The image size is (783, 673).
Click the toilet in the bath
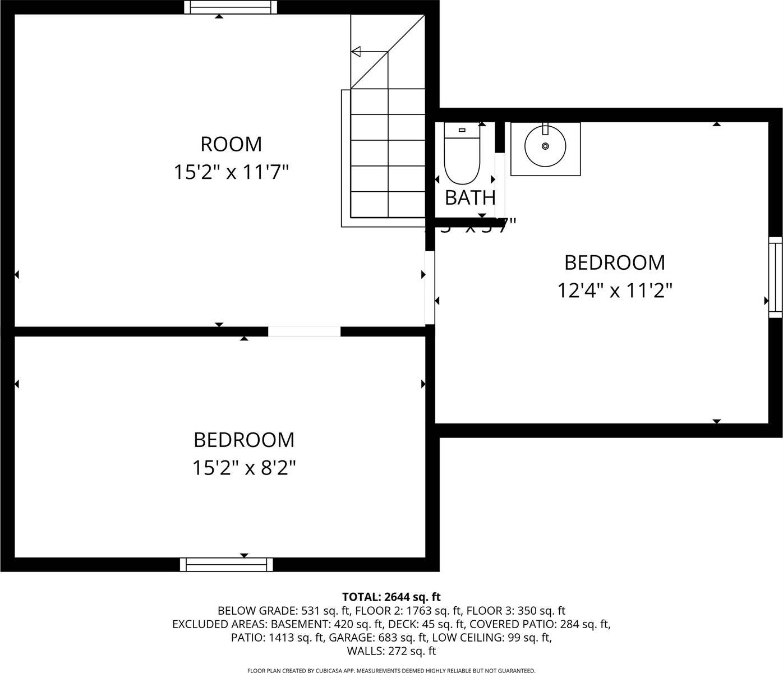pyautogui.click(x=462, y=157)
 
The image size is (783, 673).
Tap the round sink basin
pyautogui.click(x=545, y=146)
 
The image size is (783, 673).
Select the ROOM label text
pyautogui.click(x=231, y=144)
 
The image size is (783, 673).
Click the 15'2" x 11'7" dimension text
pyautogui.click(x=231, y=172)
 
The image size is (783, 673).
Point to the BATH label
pyautogui.click(x=470, y=197)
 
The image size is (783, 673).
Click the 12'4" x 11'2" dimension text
pyautogui.click(x=615, y=291)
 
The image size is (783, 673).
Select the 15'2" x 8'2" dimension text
pyautogui.click(x=244, y=467)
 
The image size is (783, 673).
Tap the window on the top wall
pyautogui.click(x=231, y=7)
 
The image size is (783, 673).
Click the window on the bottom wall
pyautogui.click(x=227, y=564)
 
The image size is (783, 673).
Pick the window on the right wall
pyautogui.click(x=775, y=274)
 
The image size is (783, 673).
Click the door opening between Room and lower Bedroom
pyautogui.click(x=304, y=331)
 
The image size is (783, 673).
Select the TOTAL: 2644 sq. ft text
pyautogui.click(x=392, y=597)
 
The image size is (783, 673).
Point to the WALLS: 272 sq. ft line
pyautogui.click(x=392, y=651)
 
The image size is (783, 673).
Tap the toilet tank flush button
pyautogui.click(x=462, y=130)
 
